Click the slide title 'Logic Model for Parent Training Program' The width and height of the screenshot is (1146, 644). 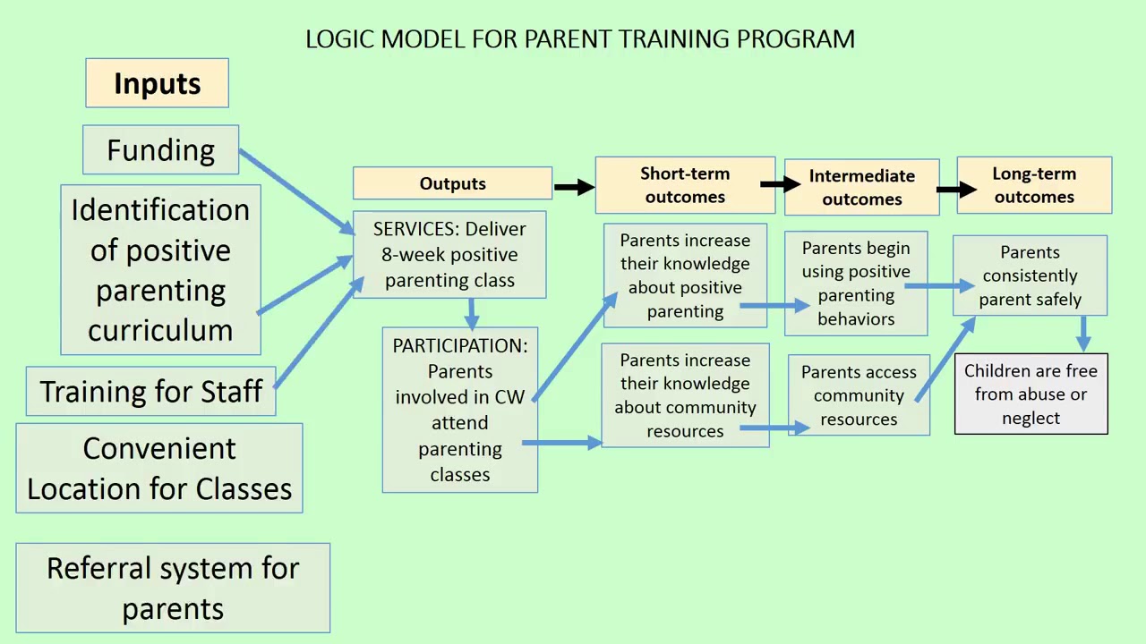[x=580, y=39]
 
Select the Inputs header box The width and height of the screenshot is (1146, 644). [x=157, y=83]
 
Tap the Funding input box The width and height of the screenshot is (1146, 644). [x=160, y=149]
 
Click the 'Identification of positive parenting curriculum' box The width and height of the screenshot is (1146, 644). [x=160, y=269]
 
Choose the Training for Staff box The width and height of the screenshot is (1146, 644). [x=150, y=392]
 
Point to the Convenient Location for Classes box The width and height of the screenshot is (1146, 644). [x=159, y=468]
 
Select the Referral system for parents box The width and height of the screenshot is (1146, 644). [x=173, y=588]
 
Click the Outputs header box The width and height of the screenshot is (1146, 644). [x=452, y=183]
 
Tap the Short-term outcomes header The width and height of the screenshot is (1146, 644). [x=685, y=185]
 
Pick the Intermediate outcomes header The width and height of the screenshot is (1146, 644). [x=861, y=187]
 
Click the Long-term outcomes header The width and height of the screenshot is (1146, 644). [x=1034, y=185]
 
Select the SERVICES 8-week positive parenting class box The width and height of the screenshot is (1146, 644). [x=449, y=255]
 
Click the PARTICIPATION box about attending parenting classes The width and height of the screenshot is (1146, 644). [x=459, y=410]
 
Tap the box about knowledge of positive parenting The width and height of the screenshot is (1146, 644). [x=685, y=275]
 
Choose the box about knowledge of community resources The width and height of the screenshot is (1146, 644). [x=685, y=394]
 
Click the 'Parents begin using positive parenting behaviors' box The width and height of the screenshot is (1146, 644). [x=856, y=283]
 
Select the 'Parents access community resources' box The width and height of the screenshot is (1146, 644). [x=859, y=395]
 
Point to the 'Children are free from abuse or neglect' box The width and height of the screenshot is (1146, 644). [x=1031, y=394]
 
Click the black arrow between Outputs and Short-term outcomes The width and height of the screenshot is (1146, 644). [x=574, y=186]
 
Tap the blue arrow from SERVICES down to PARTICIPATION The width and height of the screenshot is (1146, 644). [x=472, y=313]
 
